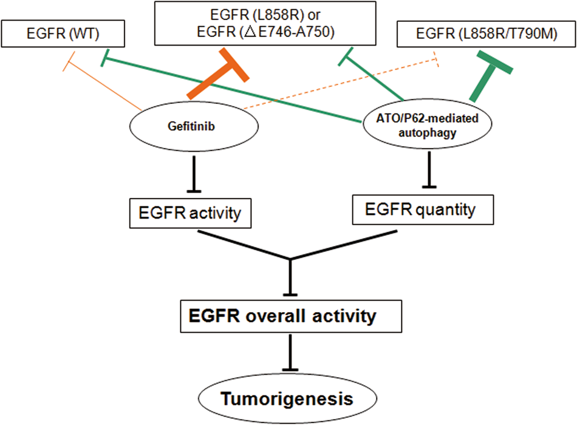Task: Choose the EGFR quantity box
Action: [x=421, y=211]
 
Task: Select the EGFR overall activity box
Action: [x=291, y=316]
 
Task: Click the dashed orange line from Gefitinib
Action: [x=340, y=84]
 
